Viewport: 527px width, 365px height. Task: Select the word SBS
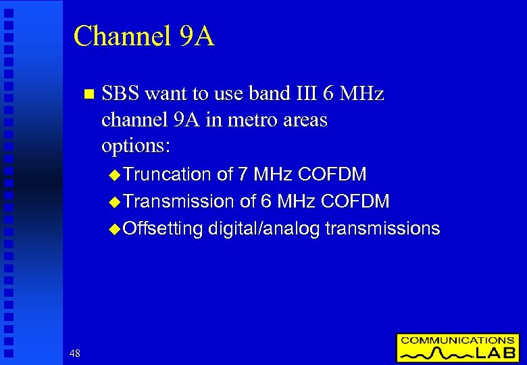pos(120,93)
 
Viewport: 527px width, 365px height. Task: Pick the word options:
pos(136,146)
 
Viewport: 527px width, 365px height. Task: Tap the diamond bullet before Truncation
pos(114,175)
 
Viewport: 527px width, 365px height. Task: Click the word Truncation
pos(168,174)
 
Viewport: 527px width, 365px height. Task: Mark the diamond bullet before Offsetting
pos(114,229)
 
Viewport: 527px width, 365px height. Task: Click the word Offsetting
pos(163,228)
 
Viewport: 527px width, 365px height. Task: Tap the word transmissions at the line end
pos(382,228)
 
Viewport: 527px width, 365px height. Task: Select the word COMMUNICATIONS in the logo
pos(457,341)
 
